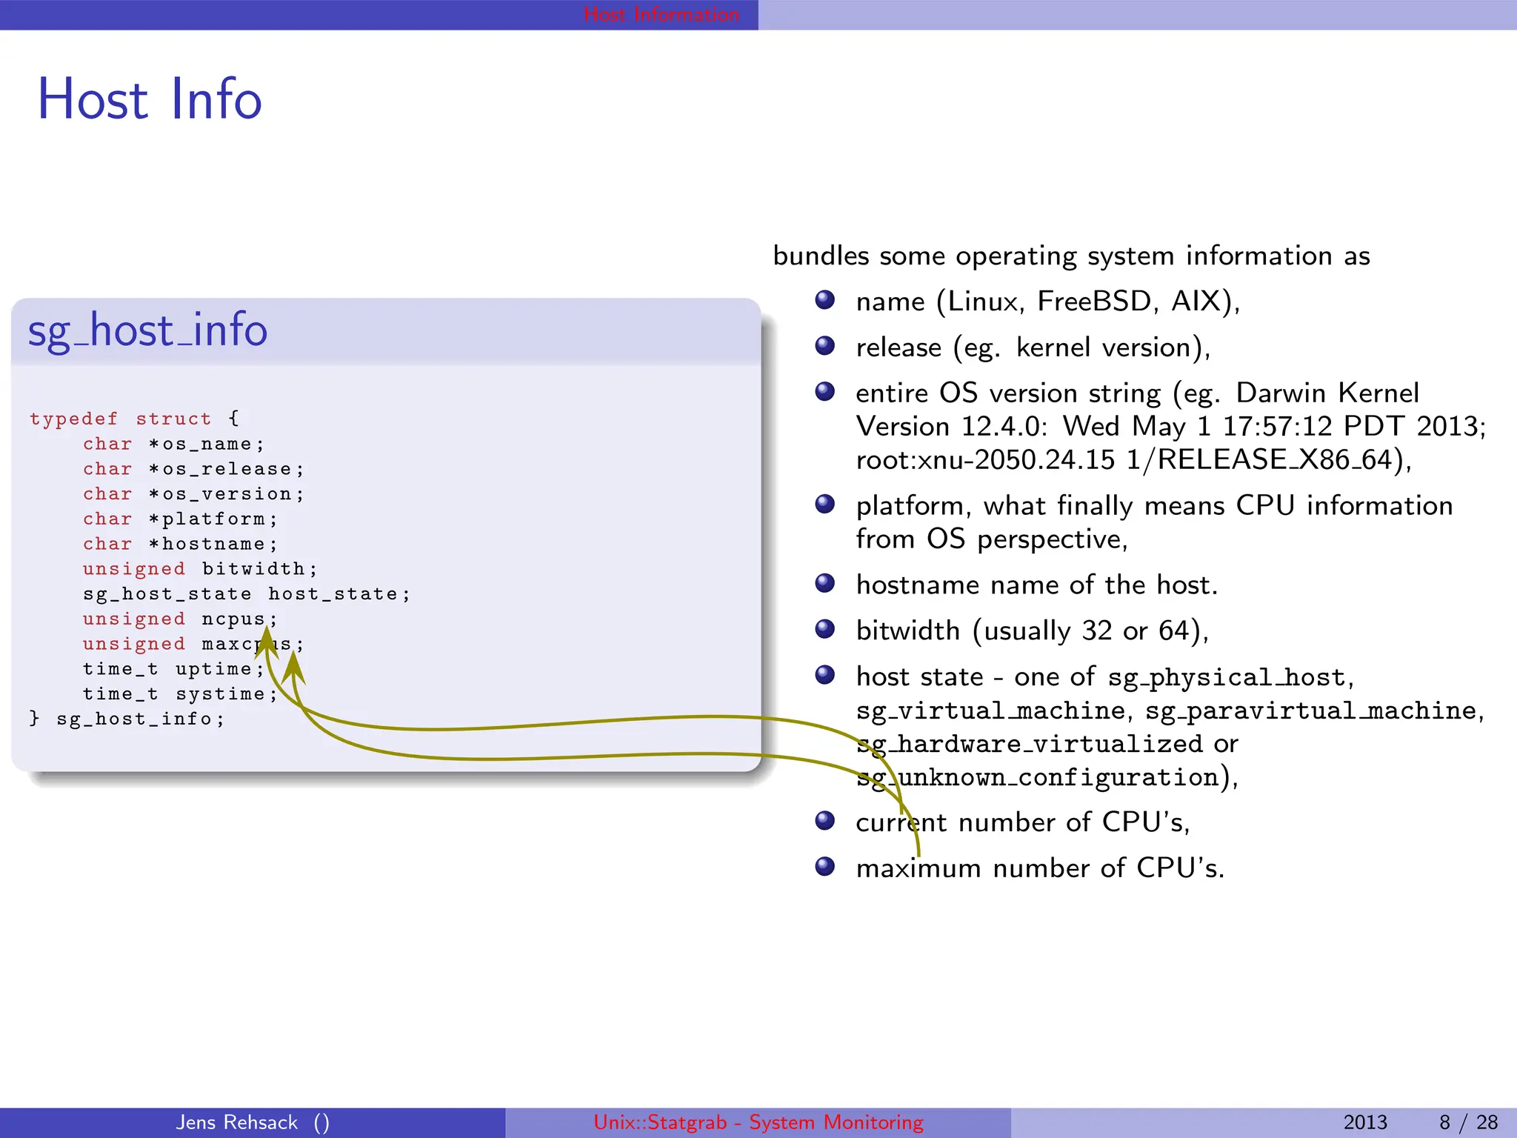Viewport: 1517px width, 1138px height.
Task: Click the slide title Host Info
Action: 150,99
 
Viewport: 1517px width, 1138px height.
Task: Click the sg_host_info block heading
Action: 147,330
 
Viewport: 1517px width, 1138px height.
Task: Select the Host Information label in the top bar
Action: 661,14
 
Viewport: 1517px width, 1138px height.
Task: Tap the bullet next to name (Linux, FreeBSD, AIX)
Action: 824,300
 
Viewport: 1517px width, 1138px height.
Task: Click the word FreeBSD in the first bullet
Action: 1094,302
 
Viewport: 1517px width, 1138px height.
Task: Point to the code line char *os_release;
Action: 193,469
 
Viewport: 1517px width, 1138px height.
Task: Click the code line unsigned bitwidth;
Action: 200,569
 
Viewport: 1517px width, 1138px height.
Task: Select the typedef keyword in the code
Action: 73,419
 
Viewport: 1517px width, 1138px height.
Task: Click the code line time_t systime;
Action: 179,694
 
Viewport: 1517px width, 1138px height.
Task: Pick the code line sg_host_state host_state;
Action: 246,594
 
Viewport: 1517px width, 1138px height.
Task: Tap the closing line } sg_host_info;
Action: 126,719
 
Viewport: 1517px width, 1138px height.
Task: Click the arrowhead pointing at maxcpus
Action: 294,667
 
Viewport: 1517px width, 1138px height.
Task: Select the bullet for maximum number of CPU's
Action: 824,866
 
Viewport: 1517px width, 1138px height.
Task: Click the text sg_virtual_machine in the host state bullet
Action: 990,711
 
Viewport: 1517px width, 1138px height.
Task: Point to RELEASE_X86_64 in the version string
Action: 1274,460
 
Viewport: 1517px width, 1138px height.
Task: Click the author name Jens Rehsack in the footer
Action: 237,1122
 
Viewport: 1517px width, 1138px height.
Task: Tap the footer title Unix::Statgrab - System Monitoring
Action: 758,1122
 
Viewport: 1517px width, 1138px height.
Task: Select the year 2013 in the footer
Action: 1364,1122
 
